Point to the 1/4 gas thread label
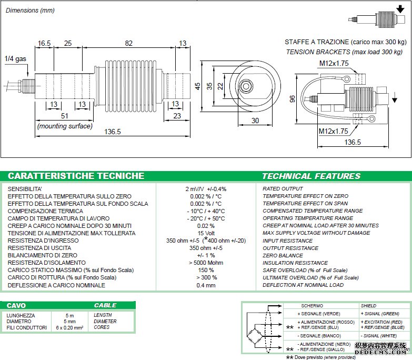[15, 59]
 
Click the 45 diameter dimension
[197, 86]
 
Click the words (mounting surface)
[65, 126]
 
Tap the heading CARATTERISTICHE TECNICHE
[76, 176]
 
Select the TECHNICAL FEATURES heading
[311, 176]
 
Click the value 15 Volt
[206, 233]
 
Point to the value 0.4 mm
[206, 285]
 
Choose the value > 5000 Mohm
[206, 263]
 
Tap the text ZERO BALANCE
[283, 255]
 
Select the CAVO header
[16, 305]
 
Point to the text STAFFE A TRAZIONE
[316, 42]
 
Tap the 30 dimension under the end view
[255, 121]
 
